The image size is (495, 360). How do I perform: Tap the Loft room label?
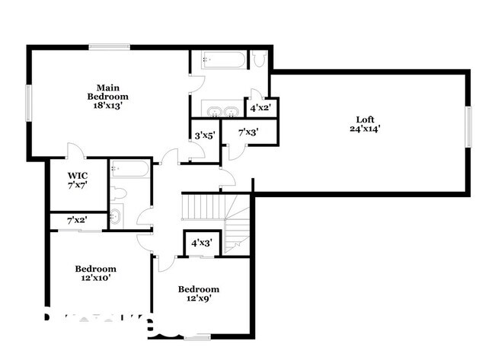point(366,119)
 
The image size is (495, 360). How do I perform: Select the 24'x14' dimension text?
point(366,129)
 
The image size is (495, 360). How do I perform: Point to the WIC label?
point(77,175)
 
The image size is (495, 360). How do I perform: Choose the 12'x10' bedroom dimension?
point(95,279)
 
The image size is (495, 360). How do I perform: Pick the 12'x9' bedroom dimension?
point(198,299)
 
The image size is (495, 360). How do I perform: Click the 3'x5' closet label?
point(205,135)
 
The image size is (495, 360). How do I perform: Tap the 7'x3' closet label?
point(248,132)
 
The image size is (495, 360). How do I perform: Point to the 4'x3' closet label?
point(202,243)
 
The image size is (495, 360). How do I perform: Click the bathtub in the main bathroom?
point(223,60)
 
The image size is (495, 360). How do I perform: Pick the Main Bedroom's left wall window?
point(29,101)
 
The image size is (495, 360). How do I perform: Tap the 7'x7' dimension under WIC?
point(77,185)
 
